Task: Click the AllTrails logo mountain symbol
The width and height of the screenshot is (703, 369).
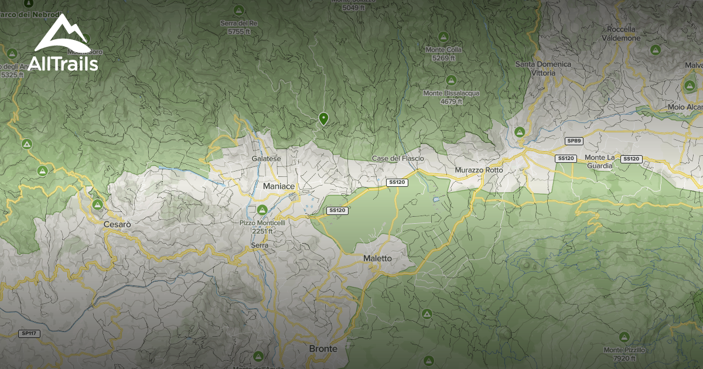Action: (63, 35)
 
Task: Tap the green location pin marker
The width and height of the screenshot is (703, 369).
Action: (323, 119)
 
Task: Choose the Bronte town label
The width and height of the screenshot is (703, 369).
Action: (323, 348)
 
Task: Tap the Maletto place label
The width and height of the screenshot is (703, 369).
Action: (377, 258)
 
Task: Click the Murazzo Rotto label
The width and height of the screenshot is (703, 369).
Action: (479, 170)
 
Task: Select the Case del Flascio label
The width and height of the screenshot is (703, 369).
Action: (397, 159)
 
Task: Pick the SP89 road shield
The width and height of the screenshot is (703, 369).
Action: (574, 141)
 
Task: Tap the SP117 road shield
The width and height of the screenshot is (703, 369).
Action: (28, 333)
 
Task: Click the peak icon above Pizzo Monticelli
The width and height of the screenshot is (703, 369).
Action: (262, 210)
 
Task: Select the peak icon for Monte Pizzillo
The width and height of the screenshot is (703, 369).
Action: (624, 337)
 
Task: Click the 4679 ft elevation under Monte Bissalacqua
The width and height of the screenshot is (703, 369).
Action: (451, 101)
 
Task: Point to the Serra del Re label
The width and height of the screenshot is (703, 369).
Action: (238, 23)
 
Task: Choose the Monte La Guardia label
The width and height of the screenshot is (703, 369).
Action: (599, 162)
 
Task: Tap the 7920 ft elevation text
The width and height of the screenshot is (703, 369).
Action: (624, 358)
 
